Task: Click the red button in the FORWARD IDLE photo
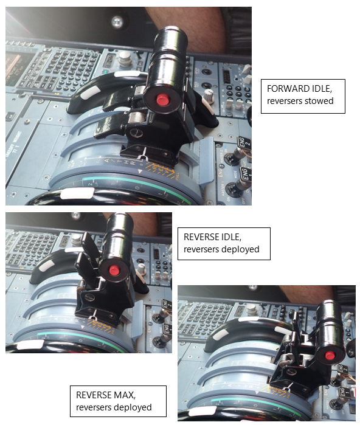[162, 100]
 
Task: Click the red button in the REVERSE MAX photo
[330, 355]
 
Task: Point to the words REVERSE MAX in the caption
[100, 395]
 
